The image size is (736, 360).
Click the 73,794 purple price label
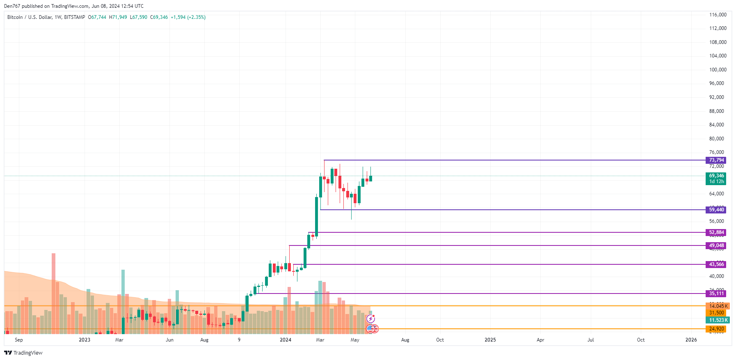coord(716,160)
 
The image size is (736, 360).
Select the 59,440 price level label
coord(716,210)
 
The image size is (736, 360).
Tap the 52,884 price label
coord(716,232)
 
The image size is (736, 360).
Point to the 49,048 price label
coord(716,245)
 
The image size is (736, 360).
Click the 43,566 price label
coord(716,264)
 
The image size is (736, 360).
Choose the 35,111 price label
coord(716,294)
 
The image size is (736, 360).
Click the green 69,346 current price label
coord(716,176)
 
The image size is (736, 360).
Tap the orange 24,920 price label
coord(716,329)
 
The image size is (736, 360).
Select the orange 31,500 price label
coord(716,313)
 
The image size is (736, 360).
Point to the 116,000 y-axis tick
coord(718,15)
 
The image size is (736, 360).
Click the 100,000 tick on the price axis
coord(718,70)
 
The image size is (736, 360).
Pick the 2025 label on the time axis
coord(490,340)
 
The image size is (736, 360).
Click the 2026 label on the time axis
coord(691,340)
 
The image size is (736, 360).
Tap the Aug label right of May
coord(405,340)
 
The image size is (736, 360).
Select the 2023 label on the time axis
coord(85,340)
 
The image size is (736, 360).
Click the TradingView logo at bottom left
coord(23,353)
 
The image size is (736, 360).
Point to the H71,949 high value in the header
coord(118,17)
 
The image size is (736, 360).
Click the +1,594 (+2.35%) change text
coord(188,17)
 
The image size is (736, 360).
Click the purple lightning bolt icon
coord(370,319)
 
